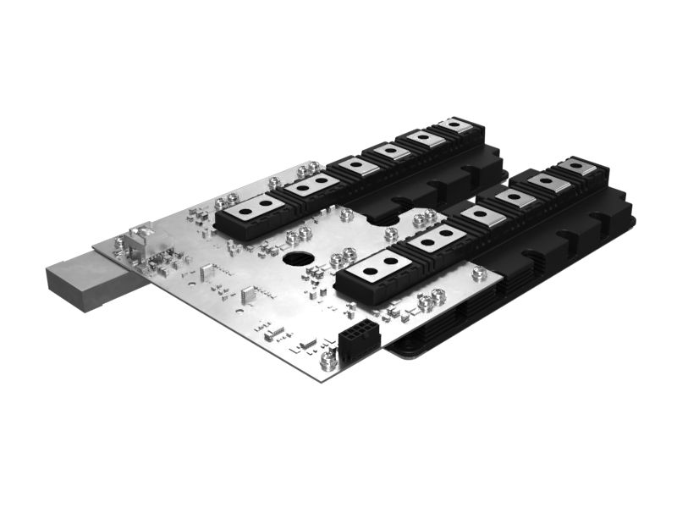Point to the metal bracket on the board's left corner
pos(140,232)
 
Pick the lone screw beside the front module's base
pos(479,272)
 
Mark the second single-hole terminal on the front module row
pos(515,200)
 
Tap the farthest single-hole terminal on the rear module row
pos(457,126)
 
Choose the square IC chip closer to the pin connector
pos(249,295)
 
